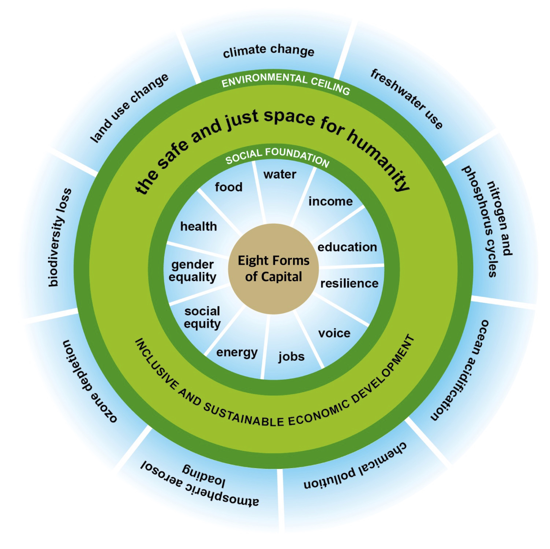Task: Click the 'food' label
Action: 229,187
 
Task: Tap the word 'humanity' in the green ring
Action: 379,159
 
